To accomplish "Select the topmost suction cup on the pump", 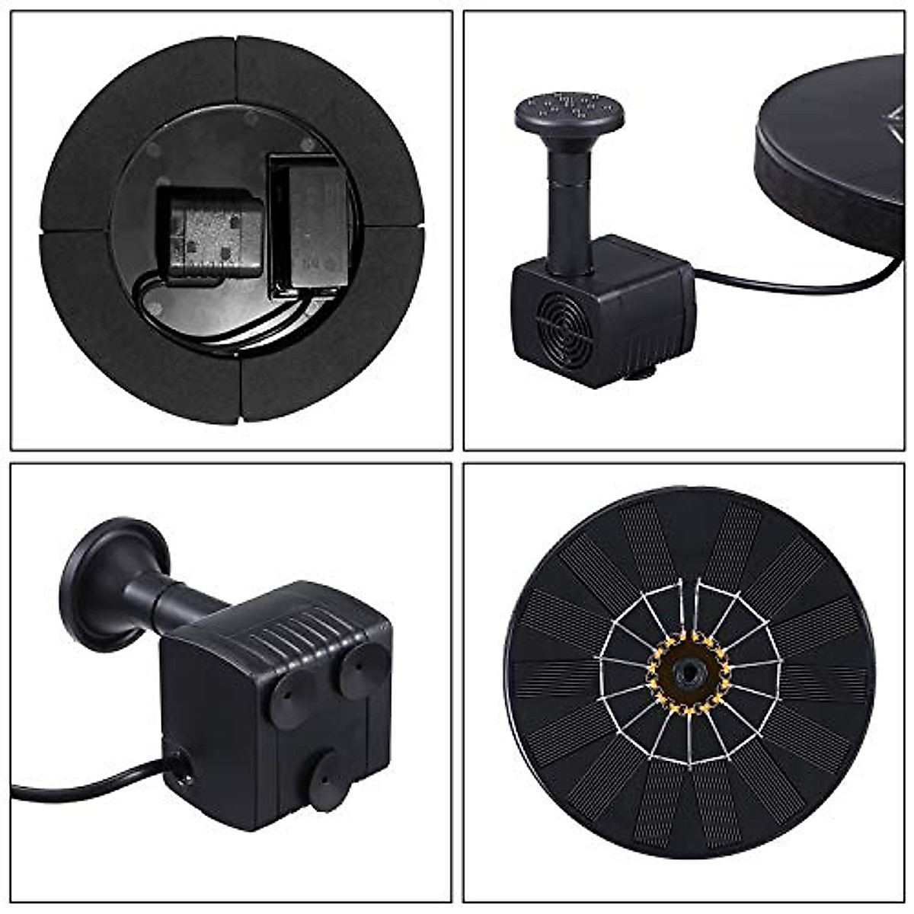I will coord(364,670).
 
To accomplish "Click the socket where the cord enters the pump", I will coord(181,769).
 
